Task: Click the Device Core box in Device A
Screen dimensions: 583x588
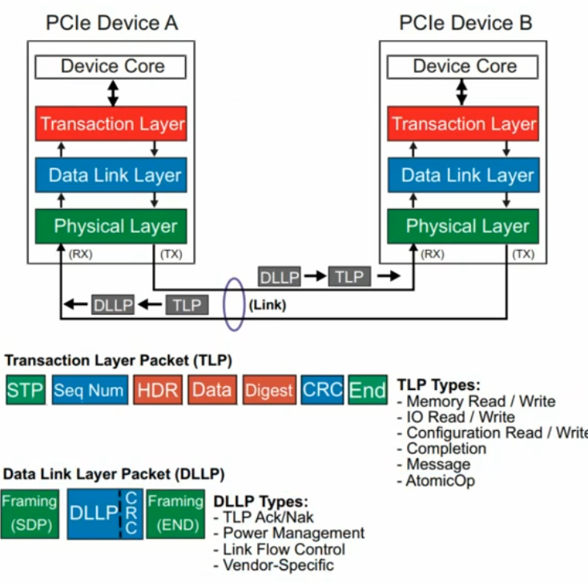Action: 113,66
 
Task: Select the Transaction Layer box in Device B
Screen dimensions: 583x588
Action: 463,124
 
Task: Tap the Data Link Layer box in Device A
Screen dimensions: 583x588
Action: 113,175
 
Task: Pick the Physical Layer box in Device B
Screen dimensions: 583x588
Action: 463,226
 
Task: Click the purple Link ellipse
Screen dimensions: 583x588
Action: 234,304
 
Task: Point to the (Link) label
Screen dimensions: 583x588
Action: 268,304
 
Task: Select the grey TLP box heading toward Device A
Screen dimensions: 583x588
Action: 186,304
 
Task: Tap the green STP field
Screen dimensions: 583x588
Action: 26,390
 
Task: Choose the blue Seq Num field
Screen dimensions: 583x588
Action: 89,390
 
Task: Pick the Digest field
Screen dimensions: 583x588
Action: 269,390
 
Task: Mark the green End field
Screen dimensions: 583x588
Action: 368,390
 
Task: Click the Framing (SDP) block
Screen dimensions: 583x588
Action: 30,514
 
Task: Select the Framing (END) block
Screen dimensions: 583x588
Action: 175,514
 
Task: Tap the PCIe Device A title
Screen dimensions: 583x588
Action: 113,22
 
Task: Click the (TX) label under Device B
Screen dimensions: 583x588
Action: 522,255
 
